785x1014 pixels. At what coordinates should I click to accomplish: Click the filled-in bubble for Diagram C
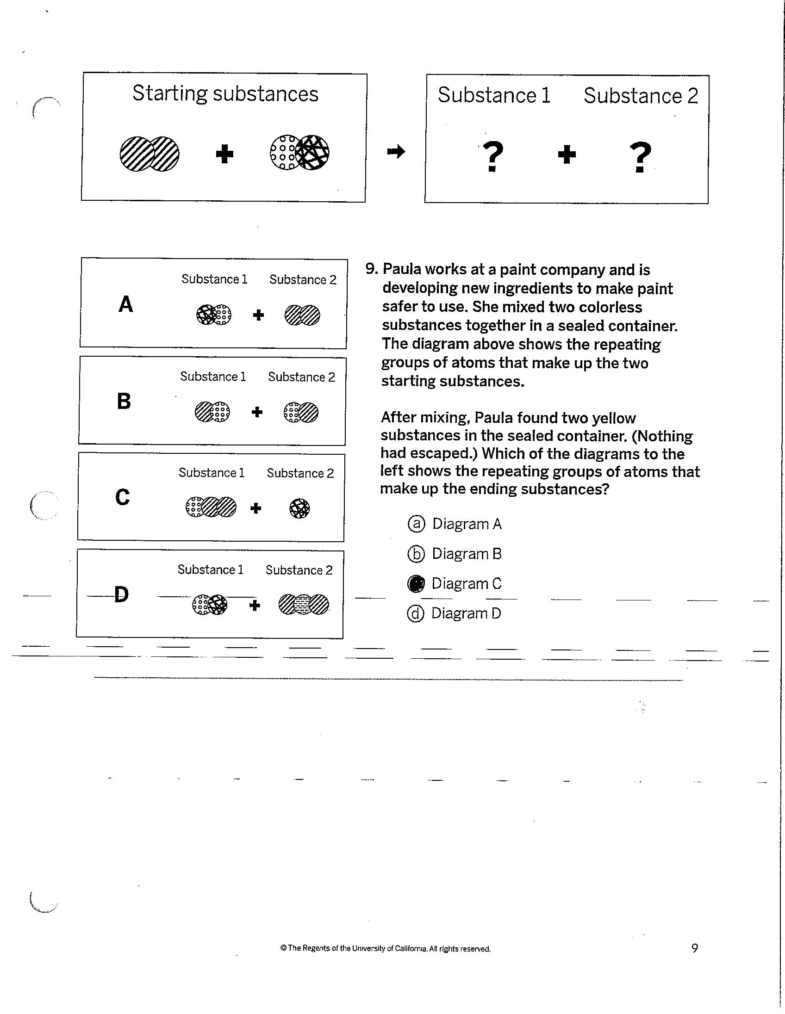[416, 584]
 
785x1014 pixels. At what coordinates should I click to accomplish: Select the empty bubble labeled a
[416, 524]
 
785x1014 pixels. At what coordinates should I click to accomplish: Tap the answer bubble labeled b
[416, 554]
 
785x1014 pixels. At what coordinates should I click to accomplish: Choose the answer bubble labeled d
[416, 614]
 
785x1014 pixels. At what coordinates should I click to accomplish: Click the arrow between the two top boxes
[396, 151]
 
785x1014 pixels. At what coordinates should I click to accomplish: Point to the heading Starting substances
[225, 93]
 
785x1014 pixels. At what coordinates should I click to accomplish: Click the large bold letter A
[126, 304]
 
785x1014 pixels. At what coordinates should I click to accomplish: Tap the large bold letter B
[124, 402]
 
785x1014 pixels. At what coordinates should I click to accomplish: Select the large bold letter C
[123, 497]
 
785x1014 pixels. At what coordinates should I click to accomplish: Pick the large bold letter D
[121, 594]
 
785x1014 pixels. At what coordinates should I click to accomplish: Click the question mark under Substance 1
[493, 156]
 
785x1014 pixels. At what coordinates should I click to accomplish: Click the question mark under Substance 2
[640, 157]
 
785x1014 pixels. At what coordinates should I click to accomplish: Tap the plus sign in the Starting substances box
[224, 154]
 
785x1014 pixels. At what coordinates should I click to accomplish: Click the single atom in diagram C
[299, 508]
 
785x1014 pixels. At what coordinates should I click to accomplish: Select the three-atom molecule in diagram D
[304, 605]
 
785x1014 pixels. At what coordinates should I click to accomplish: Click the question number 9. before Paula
[372, 269]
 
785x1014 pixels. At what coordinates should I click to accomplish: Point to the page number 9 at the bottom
[694, 948]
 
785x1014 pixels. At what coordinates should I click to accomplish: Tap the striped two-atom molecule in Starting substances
[150, 154]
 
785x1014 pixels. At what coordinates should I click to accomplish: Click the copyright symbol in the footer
[283, 948]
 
